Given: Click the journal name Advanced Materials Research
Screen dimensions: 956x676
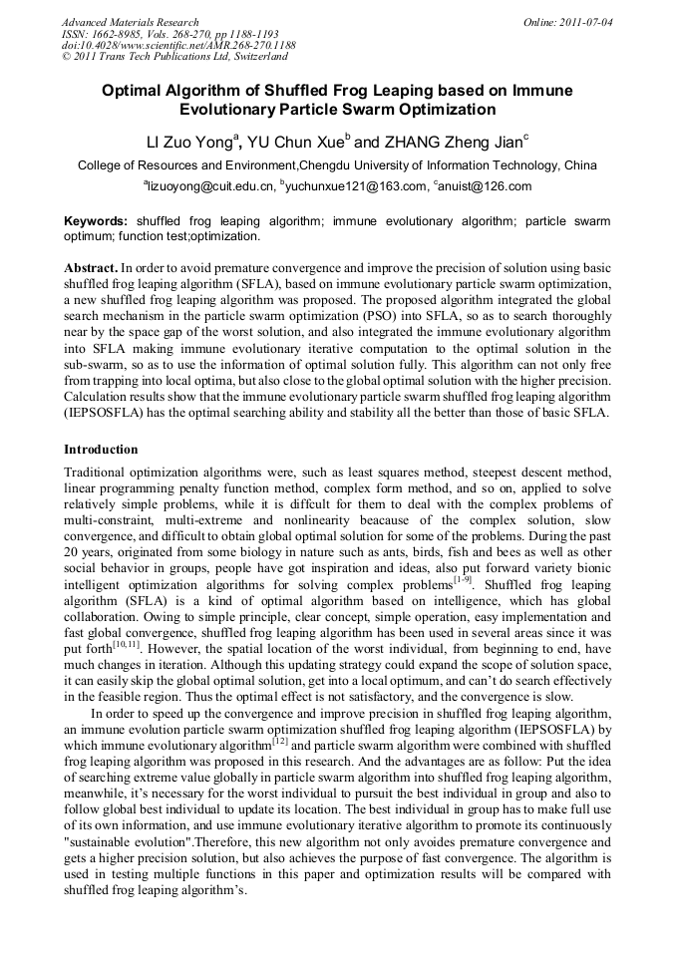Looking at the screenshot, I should pyautogui.click(x=130, y=22).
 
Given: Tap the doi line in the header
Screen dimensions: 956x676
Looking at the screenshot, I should pyautogui.click(x=178, y=45).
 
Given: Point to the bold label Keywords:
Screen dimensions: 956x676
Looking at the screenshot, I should pyautogui.click(x=96, y=220).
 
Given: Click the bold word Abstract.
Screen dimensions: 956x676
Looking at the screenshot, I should pyautogui.click(x=90, y=269).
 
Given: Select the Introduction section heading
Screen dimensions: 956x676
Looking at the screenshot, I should pyautogui.click(x=101, y=450).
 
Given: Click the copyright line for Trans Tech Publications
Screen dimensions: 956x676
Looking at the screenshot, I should pyautogui.click(x=163, y=57).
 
